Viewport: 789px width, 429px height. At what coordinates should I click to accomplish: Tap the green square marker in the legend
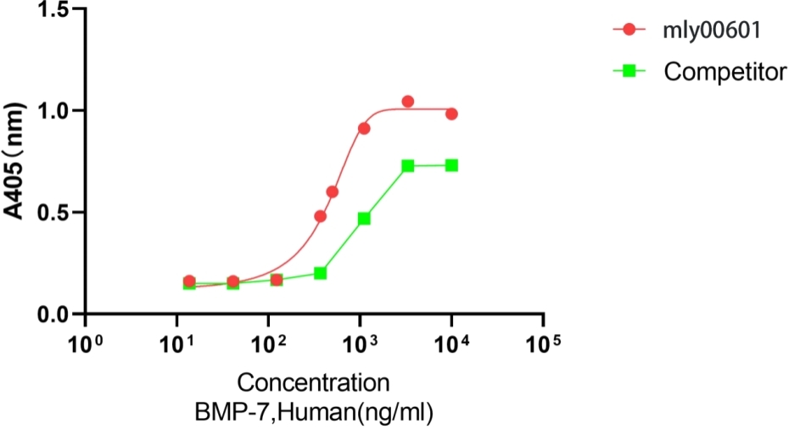tap(628, 71)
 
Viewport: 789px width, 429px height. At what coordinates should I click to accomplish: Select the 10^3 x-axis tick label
tap(361, 343)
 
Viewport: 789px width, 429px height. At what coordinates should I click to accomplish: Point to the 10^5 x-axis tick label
tap(544, 343)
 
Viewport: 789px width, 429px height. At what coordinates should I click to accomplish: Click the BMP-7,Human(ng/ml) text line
tap(314, 413)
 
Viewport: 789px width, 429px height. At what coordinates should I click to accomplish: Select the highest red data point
tap(408, 102)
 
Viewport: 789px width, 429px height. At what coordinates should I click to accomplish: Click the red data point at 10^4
tap(451, 114)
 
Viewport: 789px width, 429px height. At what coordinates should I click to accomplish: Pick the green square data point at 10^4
tap(451, 165)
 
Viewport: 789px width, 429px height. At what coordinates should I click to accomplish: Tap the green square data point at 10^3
tap(364, 219)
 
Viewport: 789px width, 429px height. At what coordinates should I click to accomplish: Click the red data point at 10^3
tap(364, 129)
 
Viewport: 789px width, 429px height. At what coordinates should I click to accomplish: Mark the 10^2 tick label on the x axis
tap(269, 343)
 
